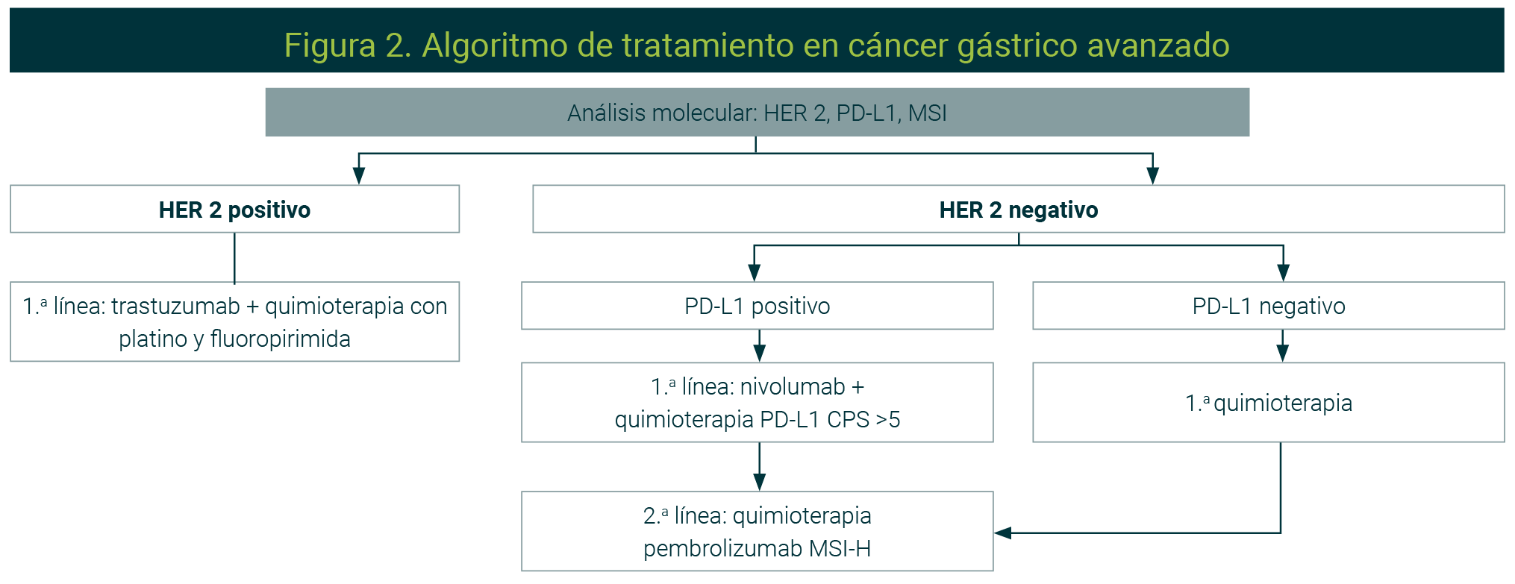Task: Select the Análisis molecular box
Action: tap(757, 112)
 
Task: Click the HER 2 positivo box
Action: tap(234, 209)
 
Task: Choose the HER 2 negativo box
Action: tap(1018, 209)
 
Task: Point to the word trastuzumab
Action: tap(176, 306)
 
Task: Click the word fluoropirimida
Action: tap(281, 339)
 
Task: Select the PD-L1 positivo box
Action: tap(757, 305)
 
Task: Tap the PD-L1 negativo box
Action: tap(1268, 305)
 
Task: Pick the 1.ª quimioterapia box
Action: tap(1268, 402)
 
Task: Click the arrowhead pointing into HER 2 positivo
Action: tap(359, 175)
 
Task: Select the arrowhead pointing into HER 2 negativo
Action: tap(1152, 175)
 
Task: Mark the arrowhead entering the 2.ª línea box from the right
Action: tap(1003, 533)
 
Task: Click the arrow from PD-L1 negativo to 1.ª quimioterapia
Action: tap(1282, 345)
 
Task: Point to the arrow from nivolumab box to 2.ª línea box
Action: tap(759, 466)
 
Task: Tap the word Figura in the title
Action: tap(330, 45)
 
